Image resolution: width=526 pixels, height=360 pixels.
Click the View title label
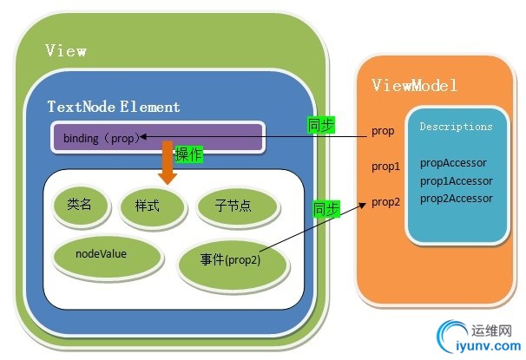(x=66, y=51)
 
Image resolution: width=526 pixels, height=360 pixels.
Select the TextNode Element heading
(x=115, y=108)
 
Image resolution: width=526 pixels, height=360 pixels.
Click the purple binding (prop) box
(x=157, y=137)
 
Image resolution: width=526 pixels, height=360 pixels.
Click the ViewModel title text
(x=415, y=85)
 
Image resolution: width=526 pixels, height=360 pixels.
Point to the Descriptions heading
(x=456, y=127)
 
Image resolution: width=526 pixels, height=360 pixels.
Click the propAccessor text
(x=453, y=162)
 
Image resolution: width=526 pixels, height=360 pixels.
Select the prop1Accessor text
(x=457, y=180)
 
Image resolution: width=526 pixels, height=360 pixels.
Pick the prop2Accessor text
(x=457, y=199)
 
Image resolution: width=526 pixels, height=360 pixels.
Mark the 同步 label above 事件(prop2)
(x=326, y=209)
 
